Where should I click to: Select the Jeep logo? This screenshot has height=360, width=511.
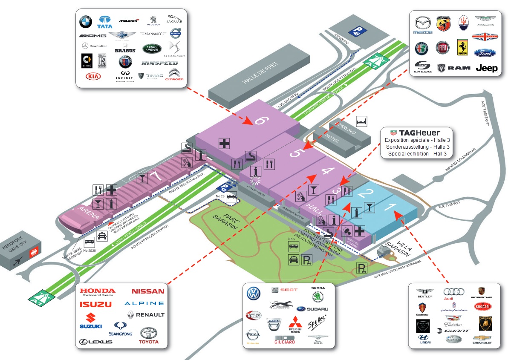pos(486,68)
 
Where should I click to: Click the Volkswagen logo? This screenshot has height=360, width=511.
pos(254,294)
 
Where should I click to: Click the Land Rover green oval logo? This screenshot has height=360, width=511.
pos(152,49)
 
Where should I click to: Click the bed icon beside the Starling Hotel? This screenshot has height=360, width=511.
pos(361,121)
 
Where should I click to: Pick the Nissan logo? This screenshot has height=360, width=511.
pos(147,291)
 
